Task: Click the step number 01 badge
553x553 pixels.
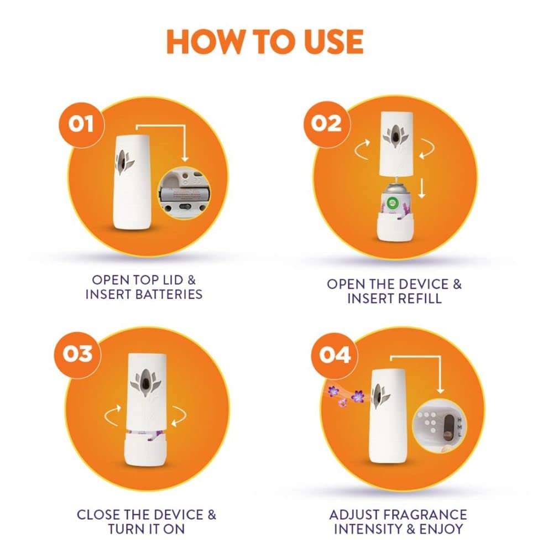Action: (x=81, y=124)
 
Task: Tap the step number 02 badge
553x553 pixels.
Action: (x=326, y=123)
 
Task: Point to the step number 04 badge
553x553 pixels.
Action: (x=335, y=354)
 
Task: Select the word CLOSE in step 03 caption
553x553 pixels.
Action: (x=98, y=514)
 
